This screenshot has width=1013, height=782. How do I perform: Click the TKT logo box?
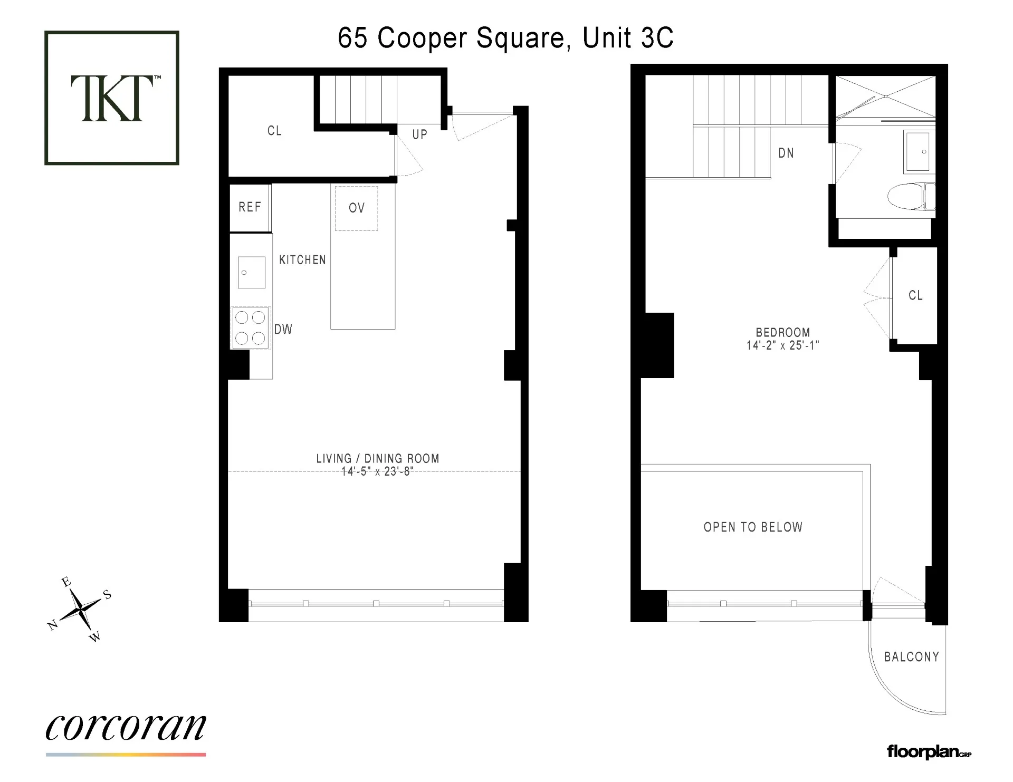click(112, 98)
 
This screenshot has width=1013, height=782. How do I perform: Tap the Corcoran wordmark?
click(126, 728)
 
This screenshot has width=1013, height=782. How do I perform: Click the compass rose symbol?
click(80, 610)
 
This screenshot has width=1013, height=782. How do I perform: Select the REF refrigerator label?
click(250, 207)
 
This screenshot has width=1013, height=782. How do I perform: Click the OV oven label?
click(357, 208)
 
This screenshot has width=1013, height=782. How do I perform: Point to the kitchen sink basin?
click(251, 272)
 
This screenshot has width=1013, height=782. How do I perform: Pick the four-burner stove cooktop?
click(251, 327)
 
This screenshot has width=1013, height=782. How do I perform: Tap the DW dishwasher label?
click(283, 330)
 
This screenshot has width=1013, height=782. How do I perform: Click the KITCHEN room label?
click(302, 260)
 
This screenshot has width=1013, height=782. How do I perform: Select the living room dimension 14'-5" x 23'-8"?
click(377, 471)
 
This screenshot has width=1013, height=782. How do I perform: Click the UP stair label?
click(420, 134)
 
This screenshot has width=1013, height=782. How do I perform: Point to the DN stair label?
click(786, 153)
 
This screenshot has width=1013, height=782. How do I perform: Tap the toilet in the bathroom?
click(910, 197)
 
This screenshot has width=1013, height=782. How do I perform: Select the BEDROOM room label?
click(783, 333)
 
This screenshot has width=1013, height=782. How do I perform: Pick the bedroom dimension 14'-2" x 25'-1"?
click(783, 345)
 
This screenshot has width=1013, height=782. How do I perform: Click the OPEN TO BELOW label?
click(753, 527)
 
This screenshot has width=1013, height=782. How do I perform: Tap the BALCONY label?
click(912, 657)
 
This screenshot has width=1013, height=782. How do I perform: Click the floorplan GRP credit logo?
click(929, 751)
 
